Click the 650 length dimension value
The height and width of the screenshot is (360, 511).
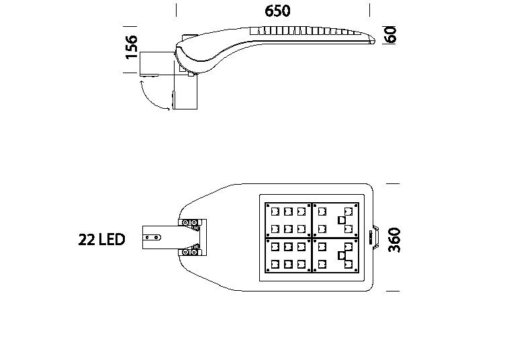coord(277,11)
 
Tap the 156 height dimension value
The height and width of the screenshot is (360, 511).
coord(132,47)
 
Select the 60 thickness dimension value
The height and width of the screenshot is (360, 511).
coord(391,34)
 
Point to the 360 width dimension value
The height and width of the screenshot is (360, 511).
coord(394,240)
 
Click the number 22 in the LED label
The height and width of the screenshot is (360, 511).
coord(87,240)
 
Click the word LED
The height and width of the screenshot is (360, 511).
coord(111,240)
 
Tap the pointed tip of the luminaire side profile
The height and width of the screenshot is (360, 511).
coord(375,40)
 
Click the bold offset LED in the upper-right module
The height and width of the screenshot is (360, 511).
coord(342,220)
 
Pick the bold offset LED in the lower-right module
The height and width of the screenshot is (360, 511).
coord(342,255)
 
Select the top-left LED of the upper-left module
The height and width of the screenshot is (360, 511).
coord(275,212)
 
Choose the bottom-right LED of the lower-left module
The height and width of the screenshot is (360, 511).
coord(301,264)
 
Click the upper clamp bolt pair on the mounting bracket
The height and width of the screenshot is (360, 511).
coord(189,222)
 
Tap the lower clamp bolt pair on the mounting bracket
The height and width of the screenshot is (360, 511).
coord(189,253)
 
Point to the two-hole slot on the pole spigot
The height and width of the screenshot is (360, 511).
coord(152,237)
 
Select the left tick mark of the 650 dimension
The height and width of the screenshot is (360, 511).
coord(177,10)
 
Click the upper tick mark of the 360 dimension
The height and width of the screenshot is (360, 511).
coord(393,183)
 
